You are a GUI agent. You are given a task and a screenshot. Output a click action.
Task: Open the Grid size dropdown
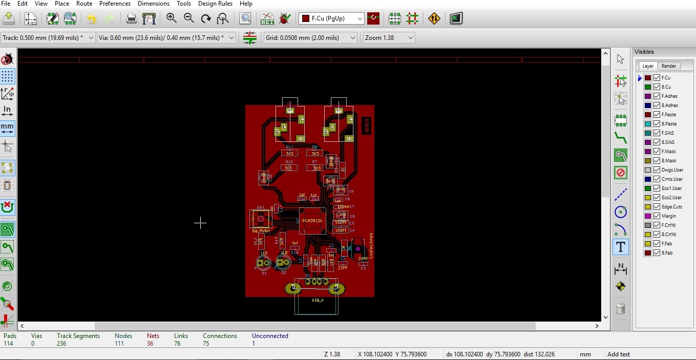pos(310,38)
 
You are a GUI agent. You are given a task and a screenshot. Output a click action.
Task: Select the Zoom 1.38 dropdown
pos(389,38)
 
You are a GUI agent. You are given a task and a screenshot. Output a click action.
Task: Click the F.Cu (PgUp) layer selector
pos(332,18)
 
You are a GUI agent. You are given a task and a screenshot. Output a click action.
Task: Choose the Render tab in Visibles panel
pos(669,66)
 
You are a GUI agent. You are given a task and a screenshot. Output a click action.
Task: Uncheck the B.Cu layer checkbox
pos(657,87)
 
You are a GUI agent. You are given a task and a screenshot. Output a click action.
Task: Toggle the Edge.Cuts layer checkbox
pos(657,207)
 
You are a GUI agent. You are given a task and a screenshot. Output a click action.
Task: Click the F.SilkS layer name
pos(668,133)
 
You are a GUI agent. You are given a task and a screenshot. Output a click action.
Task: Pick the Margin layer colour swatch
pos(648,216)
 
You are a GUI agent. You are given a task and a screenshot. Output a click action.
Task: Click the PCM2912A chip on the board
pos(312,221)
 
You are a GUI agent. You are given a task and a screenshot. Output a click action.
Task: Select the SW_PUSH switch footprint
pos(261,219)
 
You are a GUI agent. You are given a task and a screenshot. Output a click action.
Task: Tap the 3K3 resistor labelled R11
pos(289,153)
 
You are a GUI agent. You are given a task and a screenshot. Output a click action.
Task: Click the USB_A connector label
pos(318,300)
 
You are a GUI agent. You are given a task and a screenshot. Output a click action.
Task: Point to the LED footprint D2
pos(283,262)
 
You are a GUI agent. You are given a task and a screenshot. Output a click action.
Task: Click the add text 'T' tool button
pos(620,247)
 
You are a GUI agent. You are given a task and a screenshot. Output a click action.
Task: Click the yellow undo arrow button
pos(91,19)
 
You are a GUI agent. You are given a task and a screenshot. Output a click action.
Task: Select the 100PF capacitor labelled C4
pos(341,230)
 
